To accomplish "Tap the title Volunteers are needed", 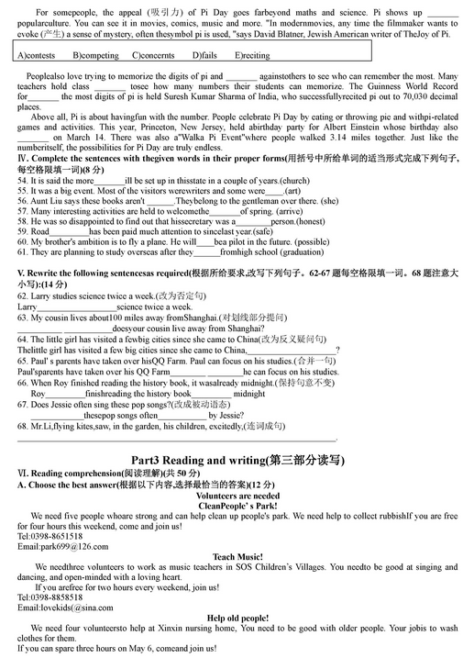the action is [237, 495].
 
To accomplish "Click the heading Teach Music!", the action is [237, 557].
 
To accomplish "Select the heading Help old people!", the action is [237, 619].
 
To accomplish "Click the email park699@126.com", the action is [61, 546].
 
